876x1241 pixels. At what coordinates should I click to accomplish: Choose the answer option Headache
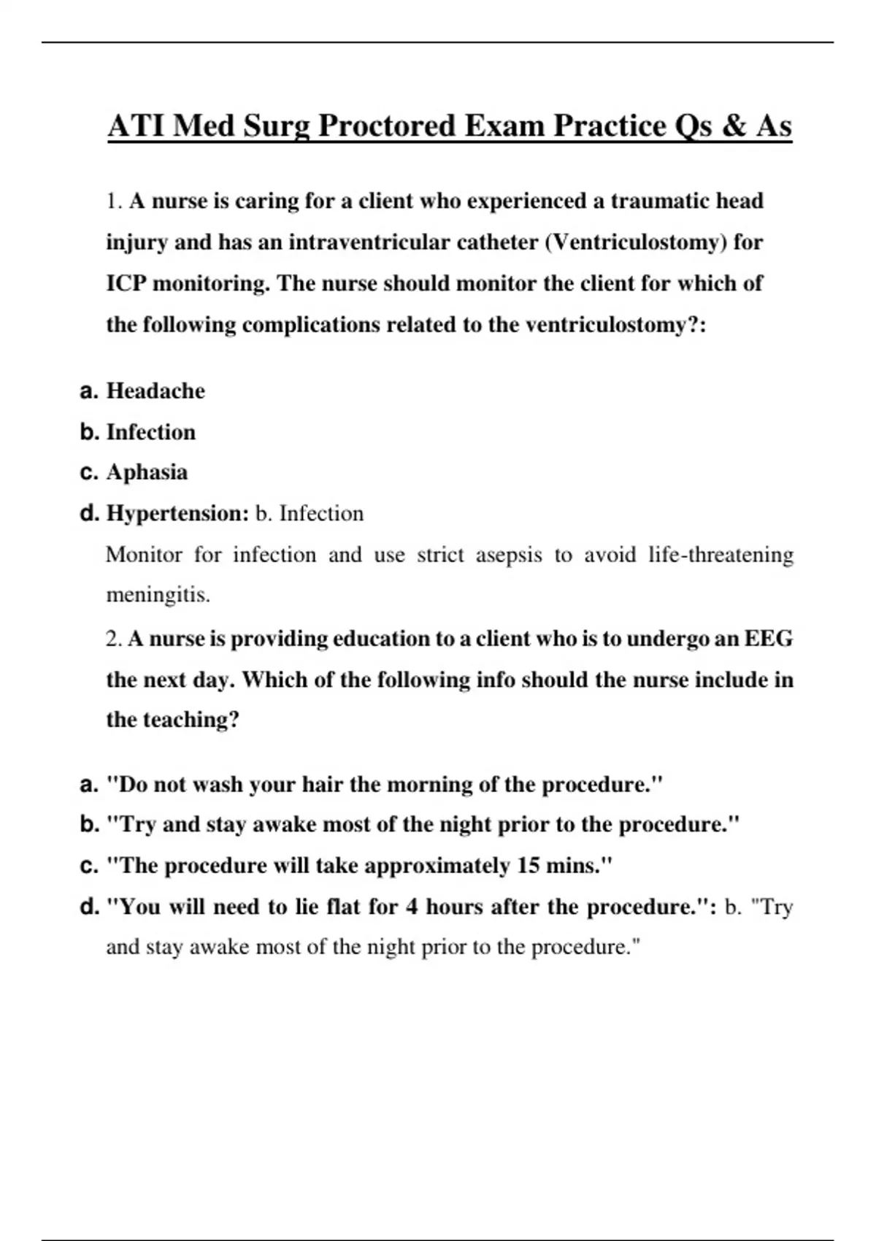click(x=155, y=391)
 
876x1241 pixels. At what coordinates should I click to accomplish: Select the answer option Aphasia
click(x=147, y=472)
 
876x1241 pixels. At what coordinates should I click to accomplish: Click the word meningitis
click(x=158, y=596)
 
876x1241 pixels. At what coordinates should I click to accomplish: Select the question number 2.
click(x=114, y=639)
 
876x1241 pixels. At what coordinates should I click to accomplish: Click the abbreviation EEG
click(x=768, y=639)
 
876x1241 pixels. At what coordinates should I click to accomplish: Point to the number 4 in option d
click(x=412, y=907)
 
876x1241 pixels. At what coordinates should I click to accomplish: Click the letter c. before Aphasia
click(x=89, y=472)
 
